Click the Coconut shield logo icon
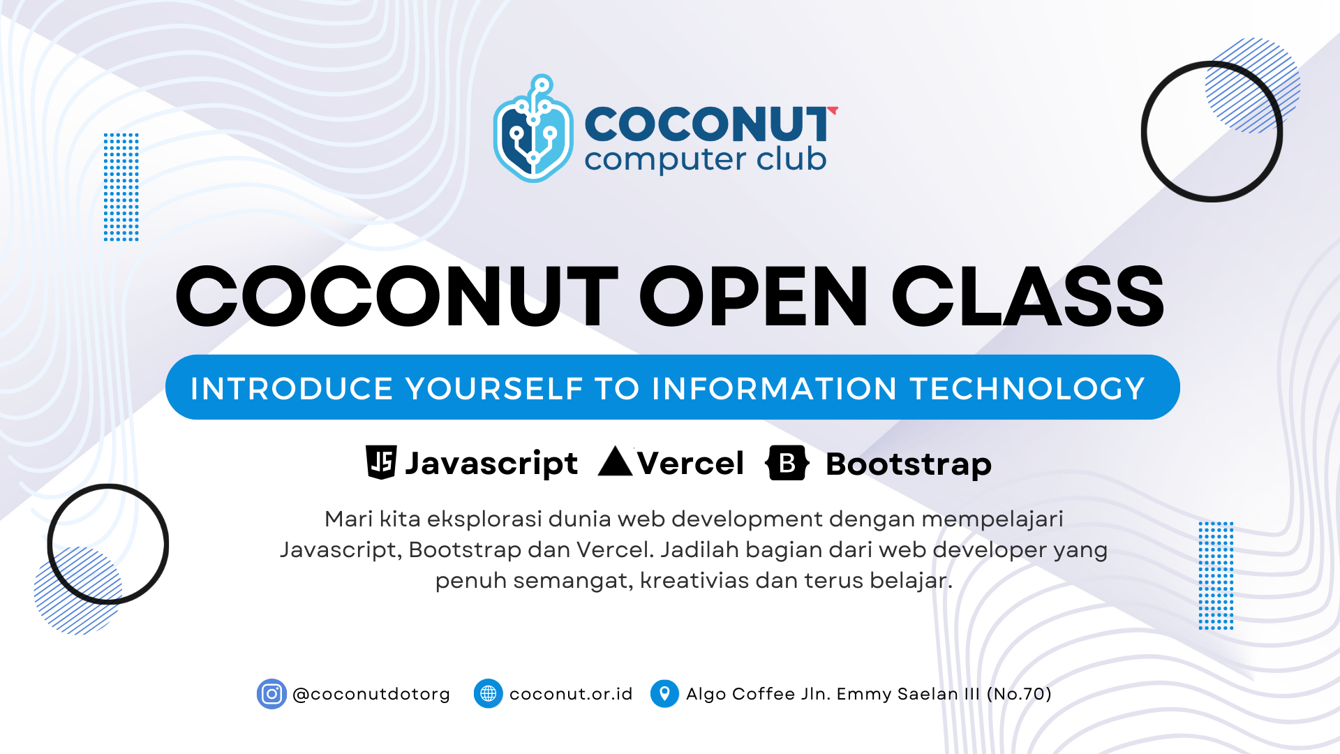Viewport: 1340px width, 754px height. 533,129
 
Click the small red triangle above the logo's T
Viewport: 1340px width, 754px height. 833,110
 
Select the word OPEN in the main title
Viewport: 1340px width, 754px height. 753,296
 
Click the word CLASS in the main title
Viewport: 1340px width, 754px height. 1028,296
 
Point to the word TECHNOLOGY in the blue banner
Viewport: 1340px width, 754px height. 1028,388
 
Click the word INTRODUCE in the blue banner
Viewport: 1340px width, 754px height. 292,388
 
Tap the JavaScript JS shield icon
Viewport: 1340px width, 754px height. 381,462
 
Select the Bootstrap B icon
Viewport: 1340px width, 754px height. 787,463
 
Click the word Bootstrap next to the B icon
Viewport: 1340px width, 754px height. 909,465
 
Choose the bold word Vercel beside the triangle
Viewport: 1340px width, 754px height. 690,464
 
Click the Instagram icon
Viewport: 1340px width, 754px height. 271,694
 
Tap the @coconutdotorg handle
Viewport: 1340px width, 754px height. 371,695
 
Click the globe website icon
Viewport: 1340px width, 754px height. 489,694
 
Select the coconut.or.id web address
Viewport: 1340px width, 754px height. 571,694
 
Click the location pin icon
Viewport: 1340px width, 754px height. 664,694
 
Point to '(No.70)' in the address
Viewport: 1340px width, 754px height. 1019,694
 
